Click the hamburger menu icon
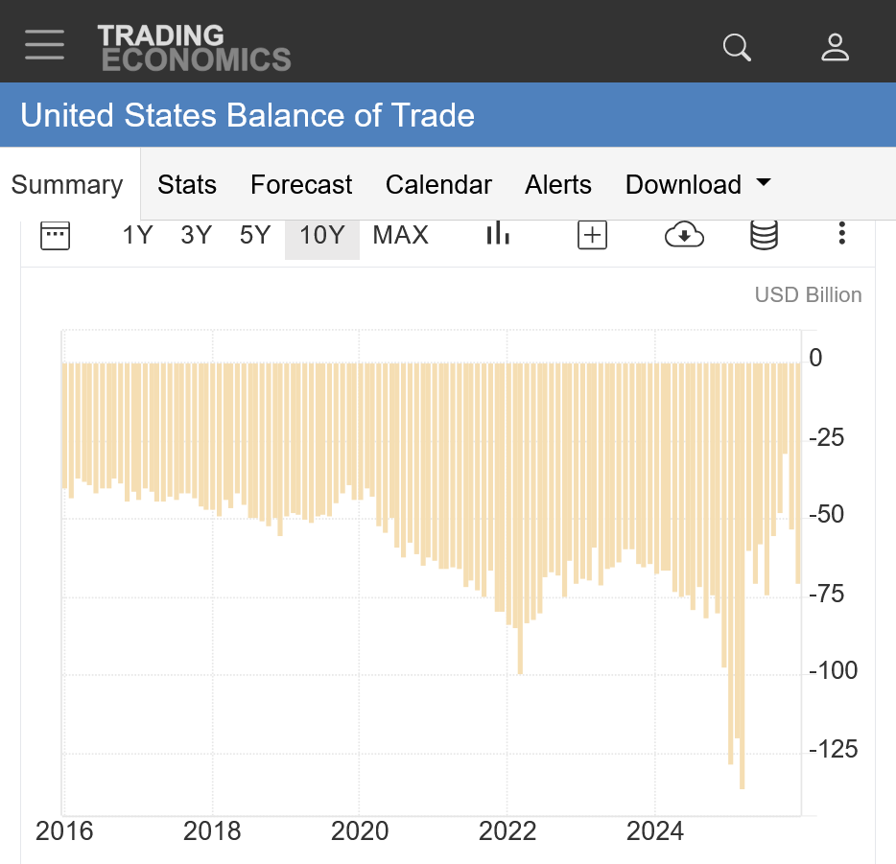pos(45,45)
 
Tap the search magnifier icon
pos(737,47)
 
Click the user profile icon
pos(836,47)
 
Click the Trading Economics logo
pos(194,48)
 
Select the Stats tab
pos(187,184)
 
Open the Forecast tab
pos(301,184)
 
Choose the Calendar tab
pos(438,184)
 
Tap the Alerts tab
pos(558,184)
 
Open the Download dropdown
pos(697,184)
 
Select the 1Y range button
pos(137,235)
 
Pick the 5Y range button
pos(255,235)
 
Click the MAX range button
pos(400,235)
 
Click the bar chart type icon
pos(497,234)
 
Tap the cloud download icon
pos(684,235)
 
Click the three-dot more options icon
pos(841,234)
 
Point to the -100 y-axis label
pos(833,670)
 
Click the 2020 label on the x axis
pos(360,830)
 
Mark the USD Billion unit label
pos(808,295)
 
